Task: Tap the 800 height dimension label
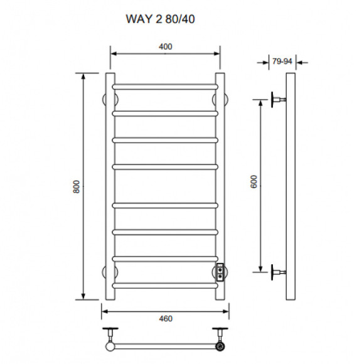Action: [75, 186]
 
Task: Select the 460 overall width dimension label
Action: [165, 318]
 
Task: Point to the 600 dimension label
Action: [254, 182]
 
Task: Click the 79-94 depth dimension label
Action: [281, 61]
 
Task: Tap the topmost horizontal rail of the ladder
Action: [165, 85]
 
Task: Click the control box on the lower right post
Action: [221, 272]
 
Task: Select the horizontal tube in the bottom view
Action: [165, 345]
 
